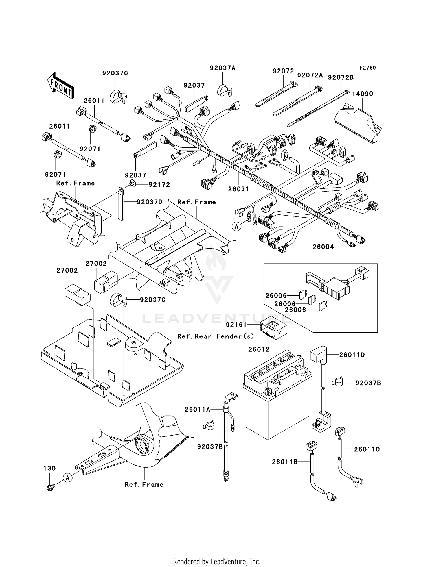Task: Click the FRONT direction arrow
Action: click(x=60, y=86)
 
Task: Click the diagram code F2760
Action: click(x=367, y=68)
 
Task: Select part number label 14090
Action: click(x=363, y=94)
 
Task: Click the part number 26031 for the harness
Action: click(x=238, y=189)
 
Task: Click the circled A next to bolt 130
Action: click(x=68, y=478)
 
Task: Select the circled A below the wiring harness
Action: click(x=236, y=227)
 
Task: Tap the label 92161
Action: click(x=236, y=325)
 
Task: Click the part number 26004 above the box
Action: click(x=323, y=247)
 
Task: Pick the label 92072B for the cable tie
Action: click(x=341, y=78)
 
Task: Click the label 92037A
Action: click(x=222, y=68)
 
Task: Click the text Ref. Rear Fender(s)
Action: click(x=216, y=336)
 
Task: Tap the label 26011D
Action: click(x=352, y=355)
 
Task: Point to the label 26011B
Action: click(x=285, y=462)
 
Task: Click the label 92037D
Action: click(x=150, y=202)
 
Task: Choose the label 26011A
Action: click(x=198, y=409)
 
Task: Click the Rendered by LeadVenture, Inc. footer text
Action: click(x=217, y=562)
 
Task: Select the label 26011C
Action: click(x=367, y=449)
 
